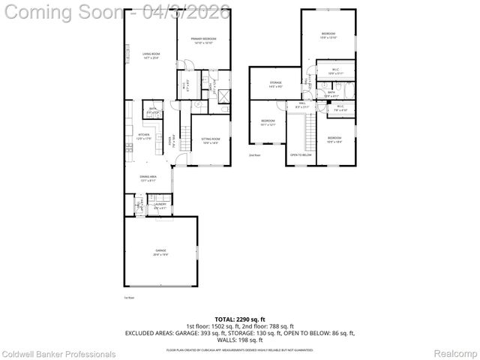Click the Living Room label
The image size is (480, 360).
[x=151, y=55]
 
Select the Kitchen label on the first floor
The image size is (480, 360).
[x=143, y=137]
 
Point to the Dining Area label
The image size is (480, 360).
[x=147, y=178]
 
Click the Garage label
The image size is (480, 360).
[x=160, y=251]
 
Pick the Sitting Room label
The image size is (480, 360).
[x=210, y=140]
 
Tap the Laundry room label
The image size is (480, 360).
[x=160, y=205]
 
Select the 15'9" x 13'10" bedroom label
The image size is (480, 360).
[x=328, y=35]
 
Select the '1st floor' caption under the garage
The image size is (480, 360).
[x=129, y=298]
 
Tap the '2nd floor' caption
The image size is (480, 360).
[x=255, y=155]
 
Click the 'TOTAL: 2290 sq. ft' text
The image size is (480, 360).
[x=239, y=318]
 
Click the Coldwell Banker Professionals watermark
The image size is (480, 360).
[x=58, y=353]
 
